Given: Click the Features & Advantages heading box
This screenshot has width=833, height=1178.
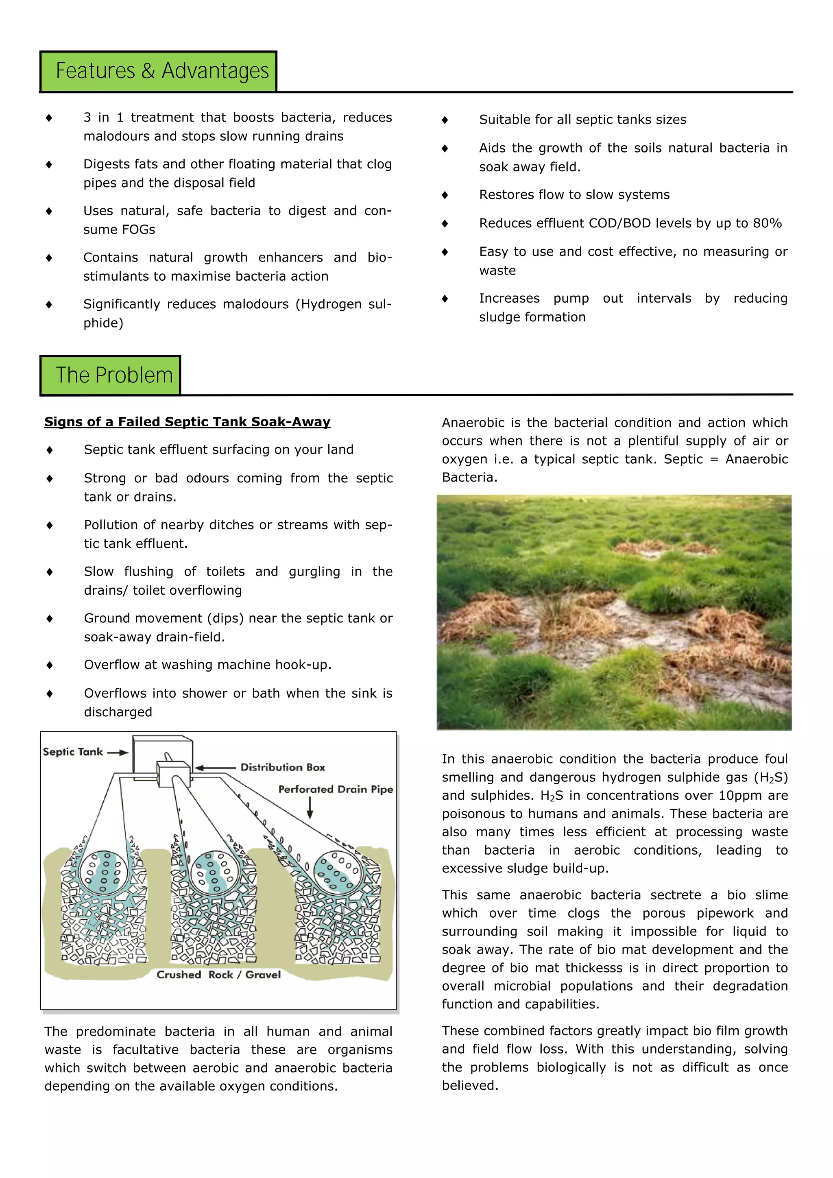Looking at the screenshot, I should [159, 71].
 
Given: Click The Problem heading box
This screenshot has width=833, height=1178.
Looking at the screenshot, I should [110, 375].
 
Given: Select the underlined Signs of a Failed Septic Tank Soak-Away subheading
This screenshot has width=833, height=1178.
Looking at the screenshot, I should [187, 422].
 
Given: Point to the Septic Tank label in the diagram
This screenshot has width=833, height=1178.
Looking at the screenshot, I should [73, 752].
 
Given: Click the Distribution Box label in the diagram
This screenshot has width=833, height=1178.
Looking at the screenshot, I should [283, 767].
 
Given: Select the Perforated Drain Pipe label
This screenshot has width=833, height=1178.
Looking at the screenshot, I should [336, 789].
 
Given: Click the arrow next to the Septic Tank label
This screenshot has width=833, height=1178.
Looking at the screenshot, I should [118, 753].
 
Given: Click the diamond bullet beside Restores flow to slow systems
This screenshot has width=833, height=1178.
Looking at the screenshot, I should [445, 195].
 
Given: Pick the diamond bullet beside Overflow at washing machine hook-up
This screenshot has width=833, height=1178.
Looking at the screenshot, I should [49, 665].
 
